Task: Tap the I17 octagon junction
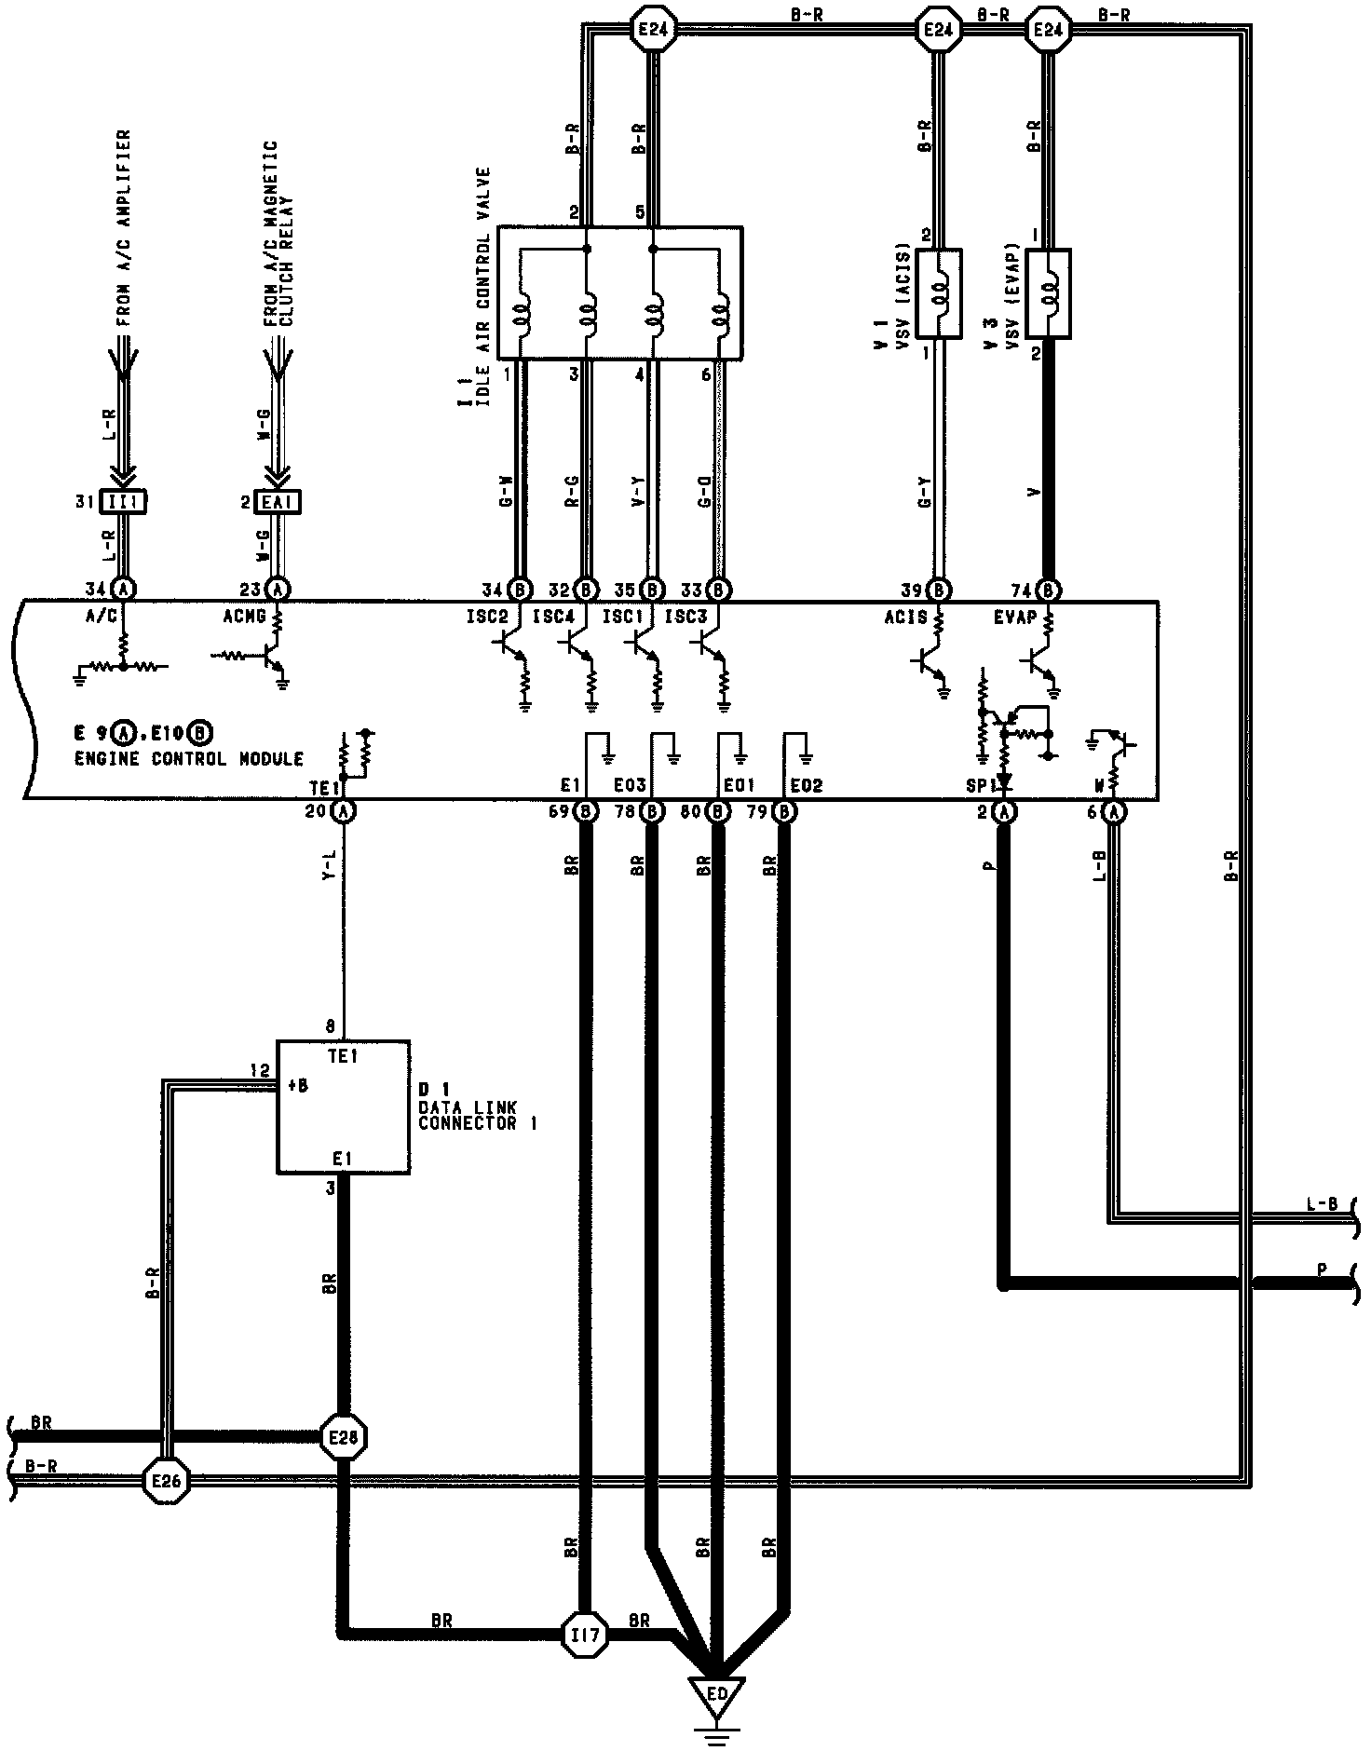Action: (584, 1634)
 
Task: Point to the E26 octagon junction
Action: (167, 1480)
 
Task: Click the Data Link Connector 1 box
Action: (344, 1106)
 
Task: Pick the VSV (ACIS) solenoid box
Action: (939, 292)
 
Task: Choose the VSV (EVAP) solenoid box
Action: (1047, 292)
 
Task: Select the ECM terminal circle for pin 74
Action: (1049, 590)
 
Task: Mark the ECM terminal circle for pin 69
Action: (587, 811)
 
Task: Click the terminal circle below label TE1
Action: (344, 811)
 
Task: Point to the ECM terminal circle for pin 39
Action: (939, 590)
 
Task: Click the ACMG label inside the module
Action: (245, 617)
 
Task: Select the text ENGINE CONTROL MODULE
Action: (188, 759)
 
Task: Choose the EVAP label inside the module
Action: (1015, 617)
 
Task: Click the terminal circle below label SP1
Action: (1004, 811)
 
